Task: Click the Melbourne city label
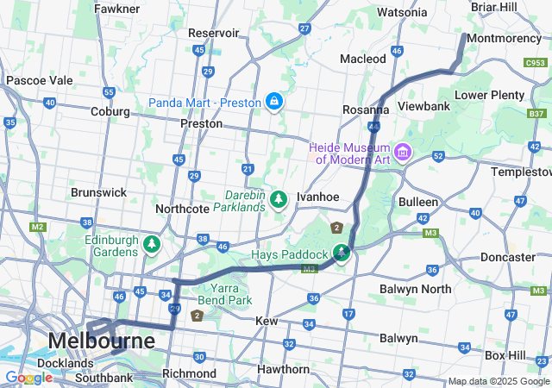click(102, 341)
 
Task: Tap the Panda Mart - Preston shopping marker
click(273, 103)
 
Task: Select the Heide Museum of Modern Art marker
click(403, 153)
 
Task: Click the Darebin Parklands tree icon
click(278, 200)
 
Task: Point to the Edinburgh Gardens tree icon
click(153, 245)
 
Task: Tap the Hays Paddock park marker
click(342, 253)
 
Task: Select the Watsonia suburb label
click(402, 12)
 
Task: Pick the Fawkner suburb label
click(117, 9)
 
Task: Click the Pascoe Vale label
click(39, 80)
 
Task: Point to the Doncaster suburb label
click(507, 257)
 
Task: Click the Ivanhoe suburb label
click(317, 197)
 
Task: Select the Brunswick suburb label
click(98, 192)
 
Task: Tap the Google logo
click(28, 378)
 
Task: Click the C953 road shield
click(535, 62)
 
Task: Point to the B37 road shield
click(536, 113)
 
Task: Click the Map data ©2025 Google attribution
click(498, 381)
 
